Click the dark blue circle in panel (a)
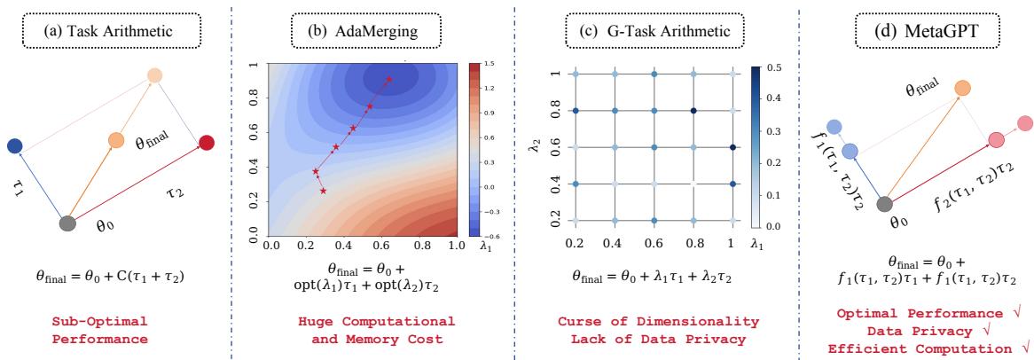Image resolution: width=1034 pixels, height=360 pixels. click(x=13, y=145)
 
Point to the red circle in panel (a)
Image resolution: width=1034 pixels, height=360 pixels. click(x=206, y=142)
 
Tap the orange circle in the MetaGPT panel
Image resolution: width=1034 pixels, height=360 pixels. click(x=963, y=88)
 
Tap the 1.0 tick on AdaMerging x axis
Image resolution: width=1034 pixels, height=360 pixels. click(x=456, y=242)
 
